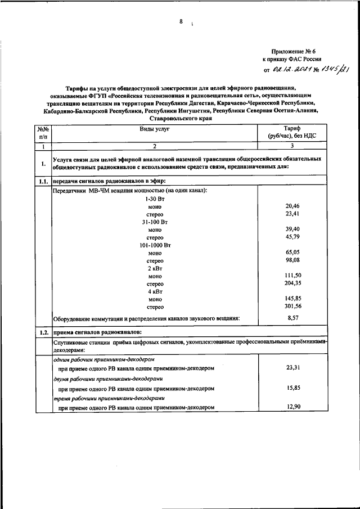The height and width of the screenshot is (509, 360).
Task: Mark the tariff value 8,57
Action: coord(292,318)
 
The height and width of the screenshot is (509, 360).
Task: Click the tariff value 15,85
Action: coord(292,388)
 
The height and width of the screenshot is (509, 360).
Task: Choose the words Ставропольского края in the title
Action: coord(180,119)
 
